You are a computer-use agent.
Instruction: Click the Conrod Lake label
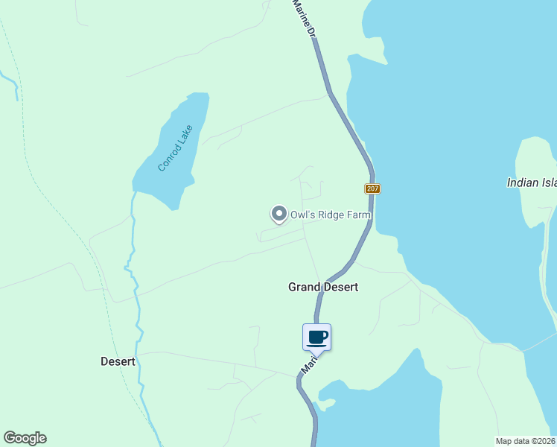point(176,148)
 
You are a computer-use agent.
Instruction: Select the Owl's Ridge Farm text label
point(330,215)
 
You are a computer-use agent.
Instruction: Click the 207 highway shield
point(373,188)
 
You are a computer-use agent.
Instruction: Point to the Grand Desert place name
point(323,287)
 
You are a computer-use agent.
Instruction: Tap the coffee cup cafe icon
point(317,337)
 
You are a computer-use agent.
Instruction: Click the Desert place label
point(118,361)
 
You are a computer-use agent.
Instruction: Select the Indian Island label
point(532,182)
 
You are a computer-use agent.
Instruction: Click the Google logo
point(25,438)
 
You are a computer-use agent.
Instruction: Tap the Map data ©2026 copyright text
point(526,440)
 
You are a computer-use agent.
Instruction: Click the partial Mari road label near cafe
point(309,364)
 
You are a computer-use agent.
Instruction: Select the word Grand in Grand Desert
point(304,287)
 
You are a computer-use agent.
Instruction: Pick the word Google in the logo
point(25,438)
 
